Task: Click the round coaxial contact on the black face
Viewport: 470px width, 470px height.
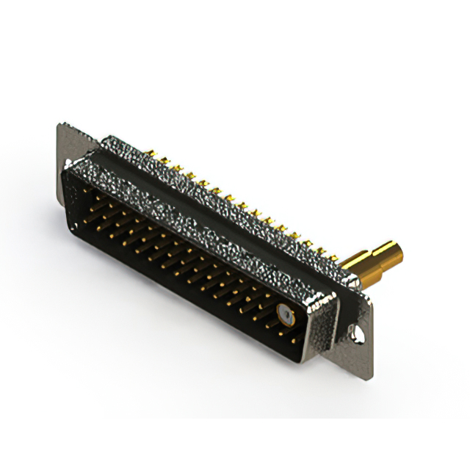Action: tap(283, 318)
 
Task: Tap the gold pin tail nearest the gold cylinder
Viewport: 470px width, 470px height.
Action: tap(334, 257)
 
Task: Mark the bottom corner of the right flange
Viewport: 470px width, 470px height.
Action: tap(370, 375)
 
